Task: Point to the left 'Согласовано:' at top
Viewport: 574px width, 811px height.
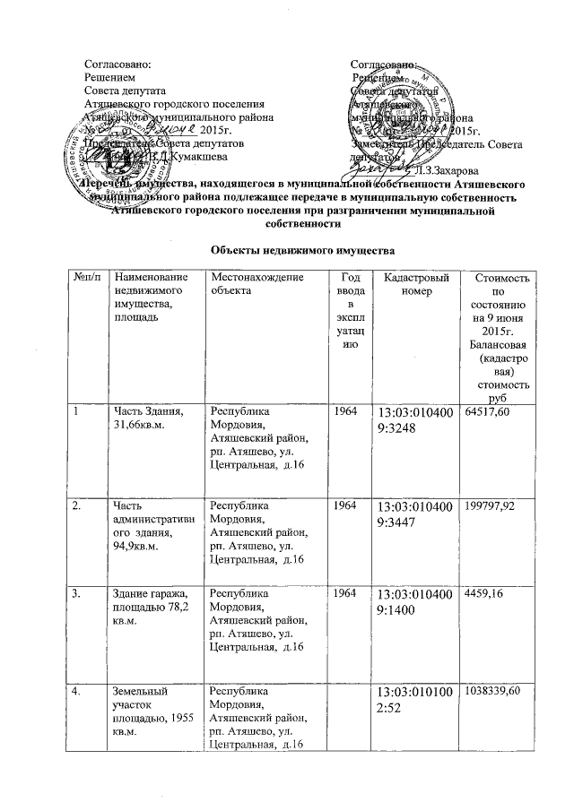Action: pos(111,65)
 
